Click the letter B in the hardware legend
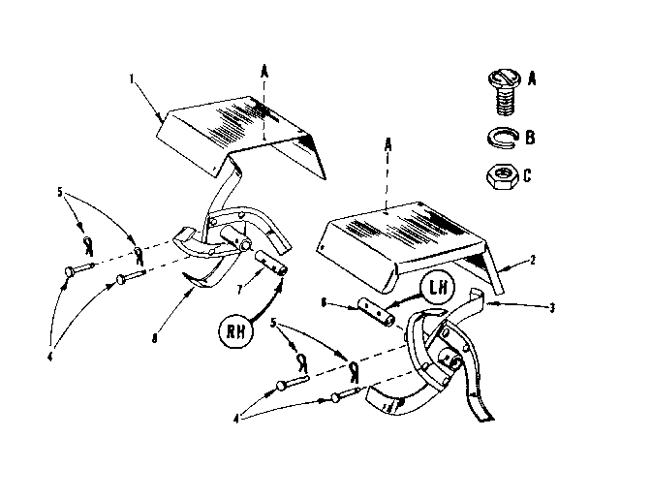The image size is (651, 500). pyautogui.click(x=530, y=138)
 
